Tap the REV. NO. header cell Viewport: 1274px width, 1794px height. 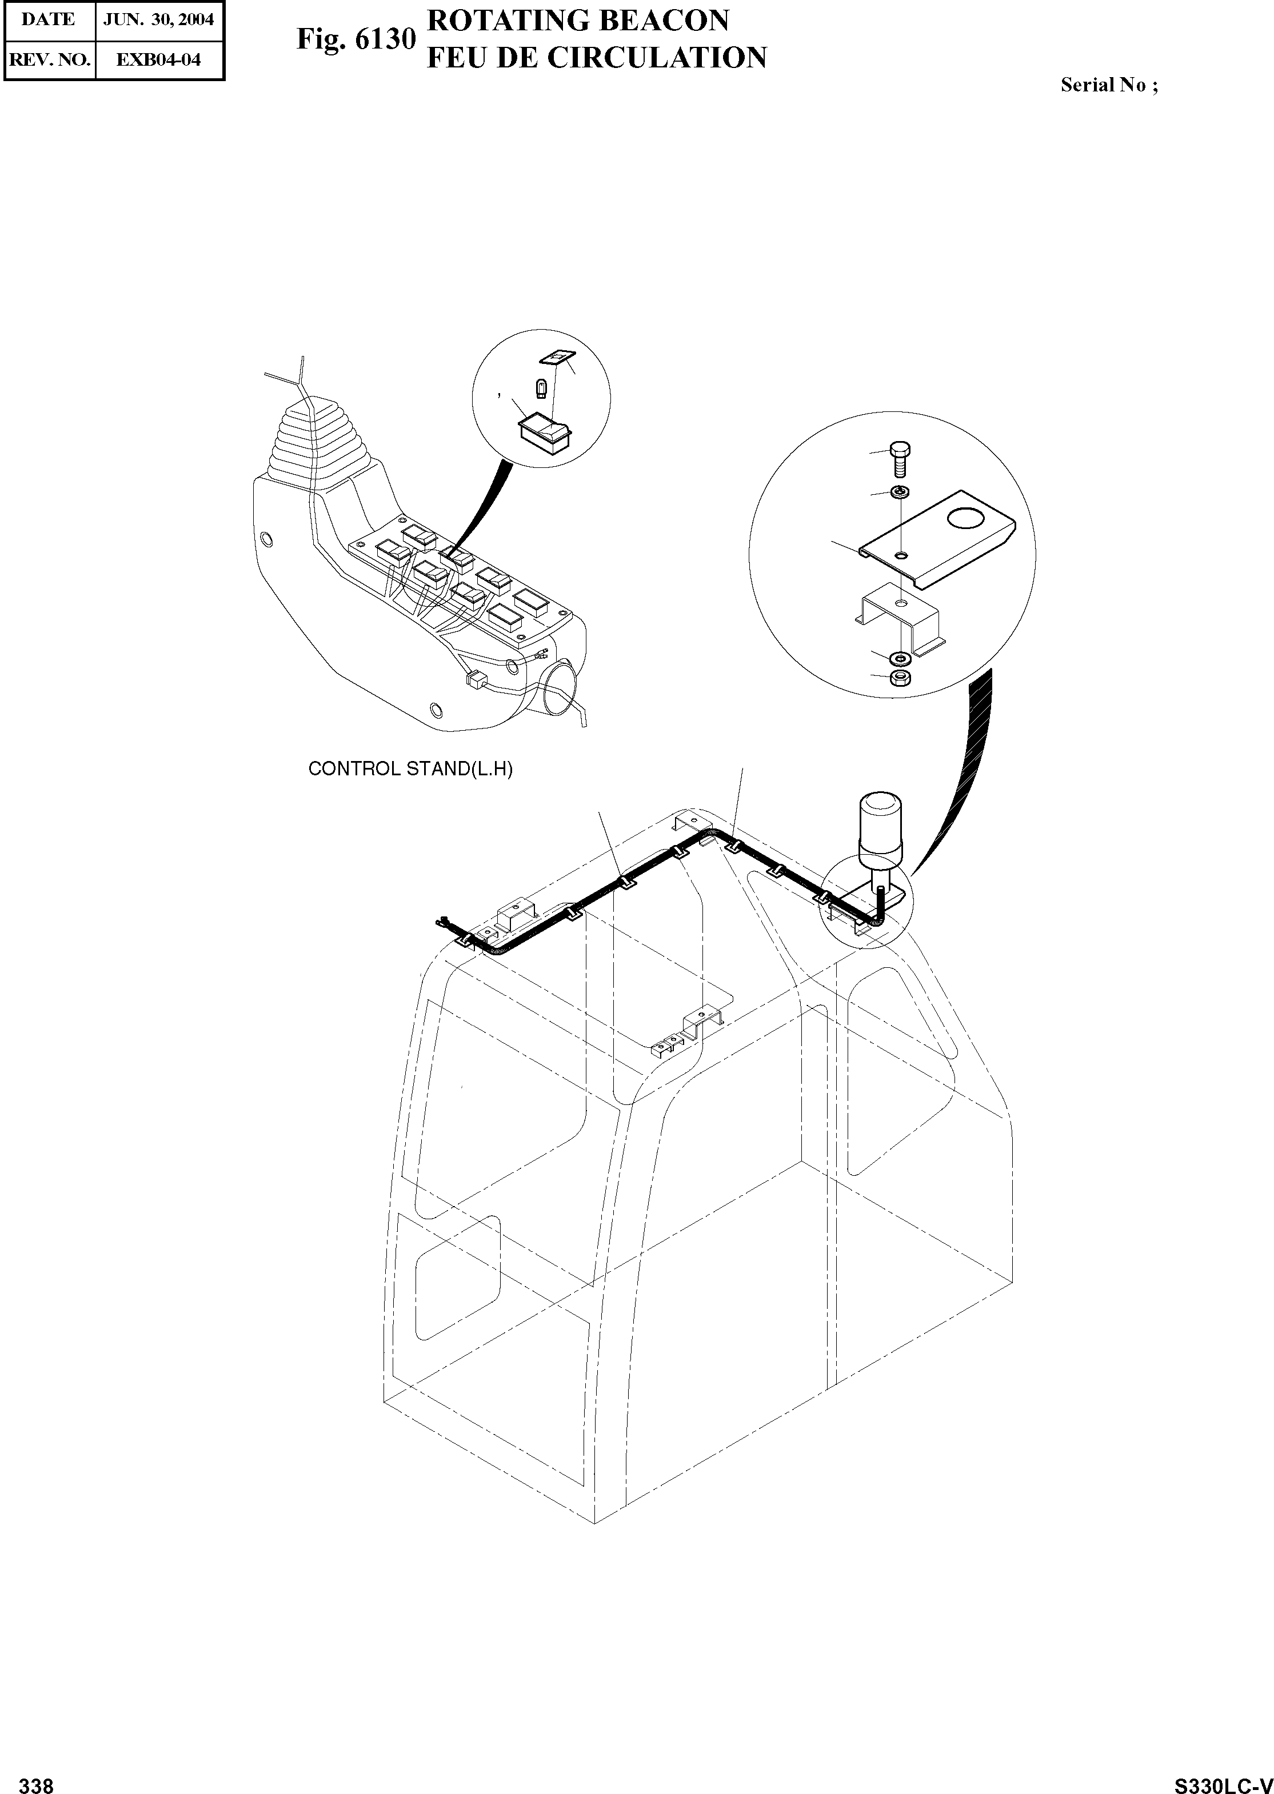pos(49,59)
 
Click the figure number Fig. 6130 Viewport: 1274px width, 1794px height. pos(354,39)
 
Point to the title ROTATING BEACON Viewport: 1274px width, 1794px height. pos(577,21)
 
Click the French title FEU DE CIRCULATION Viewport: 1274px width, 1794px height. pos(596,58)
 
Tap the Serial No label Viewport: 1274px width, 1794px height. pos(1108,86)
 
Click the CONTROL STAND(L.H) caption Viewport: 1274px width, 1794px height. pos(410,769)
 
